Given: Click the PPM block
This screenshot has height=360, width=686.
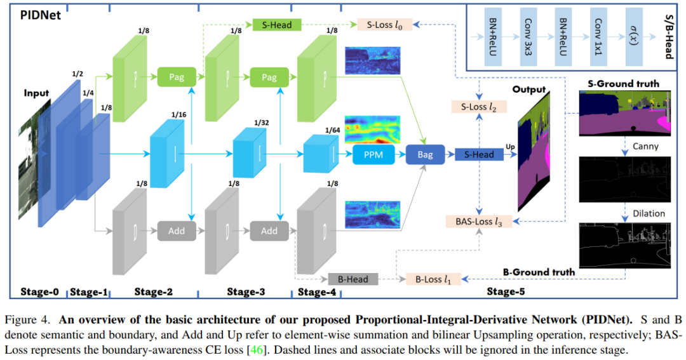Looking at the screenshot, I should point(373,154).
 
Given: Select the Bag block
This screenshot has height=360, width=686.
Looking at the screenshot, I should point(425,154).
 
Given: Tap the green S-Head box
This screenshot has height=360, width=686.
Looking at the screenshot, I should point(272,25).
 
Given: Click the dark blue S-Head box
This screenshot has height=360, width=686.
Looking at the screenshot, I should point(479,154).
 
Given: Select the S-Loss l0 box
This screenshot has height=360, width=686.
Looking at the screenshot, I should point(384,25).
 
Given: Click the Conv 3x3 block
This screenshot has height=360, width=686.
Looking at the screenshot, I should point(530,37).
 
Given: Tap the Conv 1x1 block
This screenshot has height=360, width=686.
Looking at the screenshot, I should point(598,37).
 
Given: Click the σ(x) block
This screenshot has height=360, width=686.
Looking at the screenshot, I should point(633,37).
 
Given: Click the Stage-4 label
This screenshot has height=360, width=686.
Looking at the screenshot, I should point(316,291).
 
